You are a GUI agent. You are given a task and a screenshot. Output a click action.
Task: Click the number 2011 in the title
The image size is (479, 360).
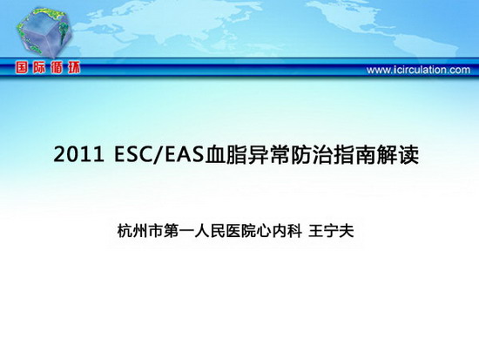pos(78,154)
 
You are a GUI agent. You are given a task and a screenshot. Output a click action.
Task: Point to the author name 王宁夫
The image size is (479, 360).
pos(331,231)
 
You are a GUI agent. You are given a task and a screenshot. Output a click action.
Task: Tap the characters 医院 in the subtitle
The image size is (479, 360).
pos(240,231)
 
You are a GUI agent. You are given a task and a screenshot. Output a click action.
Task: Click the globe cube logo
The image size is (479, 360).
pos(44,32)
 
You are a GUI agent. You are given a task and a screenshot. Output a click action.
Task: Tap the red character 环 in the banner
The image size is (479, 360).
pos(74,68)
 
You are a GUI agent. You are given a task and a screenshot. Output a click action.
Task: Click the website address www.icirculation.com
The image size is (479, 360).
pos(418,70)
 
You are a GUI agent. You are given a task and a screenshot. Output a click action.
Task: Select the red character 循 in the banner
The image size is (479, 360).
pos(57,68)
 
